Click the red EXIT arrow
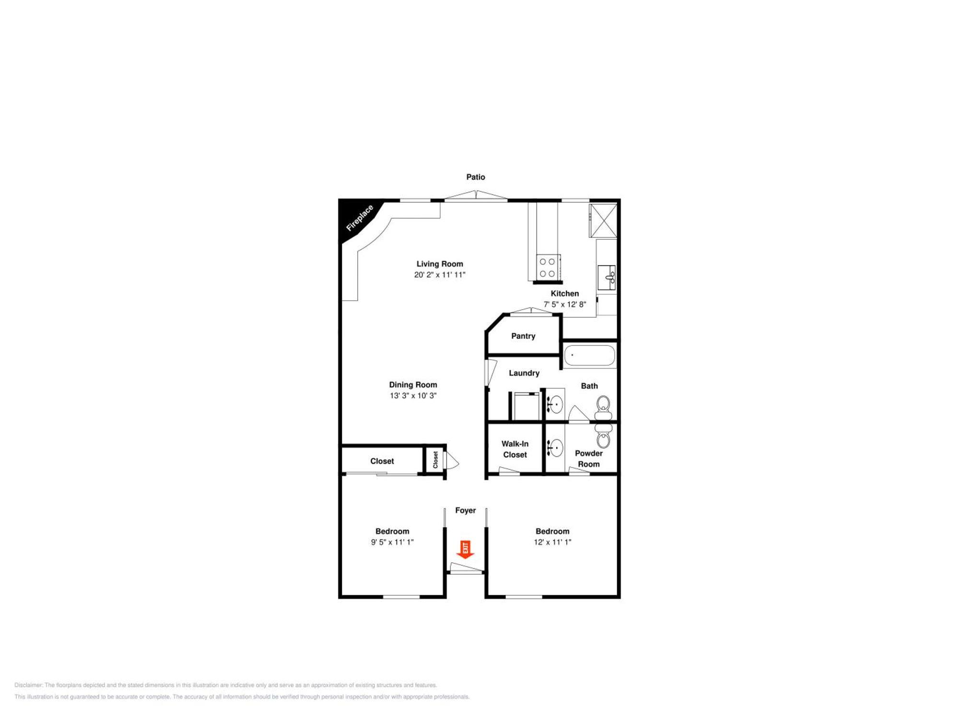click(465, 549)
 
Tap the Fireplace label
click(360, 218)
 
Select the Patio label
click(476, 177)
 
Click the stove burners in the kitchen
click(547, 267)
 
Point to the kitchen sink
click(607, 278)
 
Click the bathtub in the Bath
click(589, 356)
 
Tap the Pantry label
click(523, 336)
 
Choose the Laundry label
click(524, 373)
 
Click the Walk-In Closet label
click(515, 449)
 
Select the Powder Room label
click(589, 459)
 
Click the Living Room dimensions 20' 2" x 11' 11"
click(440, 275)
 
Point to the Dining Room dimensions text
click(413, 395)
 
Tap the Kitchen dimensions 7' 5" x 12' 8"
click(565, 304)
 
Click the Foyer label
click(466, 510)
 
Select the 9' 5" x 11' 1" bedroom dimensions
click(392, 542)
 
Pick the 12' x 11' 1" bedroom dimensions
click(552, 542)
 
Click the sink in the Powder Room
click(555, 448)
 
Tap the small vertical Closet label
click(435, 460)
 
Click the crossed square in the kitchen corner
click(603, 220)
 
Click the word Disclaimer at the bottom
click(28, 685)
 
